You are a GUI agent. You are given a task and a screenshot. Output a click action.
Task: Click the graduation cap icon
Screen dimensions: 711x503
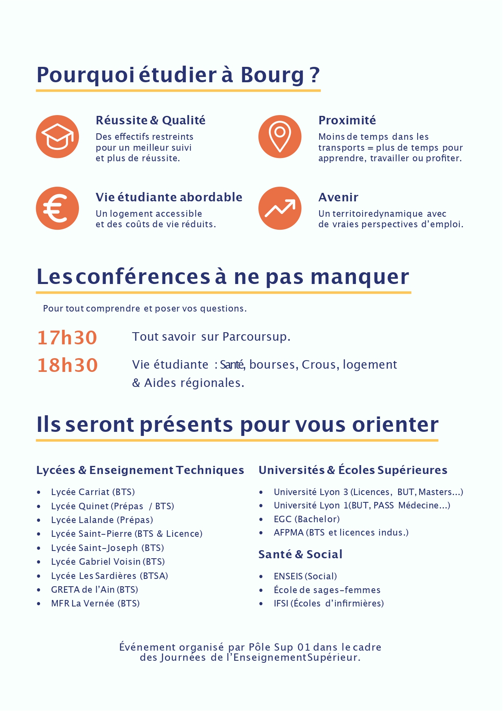57,137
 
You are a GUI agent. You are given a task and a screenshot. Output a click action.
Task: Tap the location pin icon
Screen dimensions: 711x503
280,137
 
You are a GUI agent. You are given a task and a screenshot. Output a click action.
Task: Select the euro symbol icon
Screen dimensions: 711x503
57,208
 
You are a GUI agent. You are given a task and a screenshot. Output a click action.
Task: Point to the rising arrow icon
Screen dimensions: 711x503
280,208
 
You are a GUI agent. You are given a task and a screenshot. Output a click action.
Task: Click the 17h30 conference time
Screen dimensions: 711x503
67,337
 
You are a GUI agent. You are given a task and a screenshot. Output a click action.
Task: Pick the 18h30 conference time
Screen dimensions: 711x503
68,365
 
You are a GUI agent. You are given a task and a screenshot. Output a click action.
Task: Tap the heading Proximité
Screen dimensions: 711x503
347,120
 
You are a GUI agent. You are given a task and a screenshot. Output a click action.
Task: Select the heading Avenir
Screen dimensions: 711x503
338,197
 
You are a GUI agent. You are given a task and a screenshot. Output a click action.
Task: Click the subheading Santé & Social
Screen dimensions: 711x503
300,554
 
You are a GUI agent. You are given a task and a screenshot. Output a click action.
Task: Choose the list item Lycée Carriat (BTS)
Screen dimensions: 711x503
93,492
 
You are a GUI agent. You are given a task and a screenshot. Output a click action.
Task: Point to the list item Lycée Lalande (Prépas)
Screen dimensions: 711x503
102,520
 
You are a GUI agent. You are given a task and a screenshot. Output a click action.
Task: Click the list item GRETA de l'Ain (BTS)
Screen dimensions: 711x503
94,589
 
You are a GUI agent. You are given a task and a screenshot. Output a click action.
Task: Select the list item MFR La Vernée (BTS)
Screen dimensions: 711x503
95,603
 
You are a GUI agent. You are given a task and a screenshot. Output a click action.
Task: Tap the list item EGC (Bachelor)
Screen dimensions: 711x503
307,519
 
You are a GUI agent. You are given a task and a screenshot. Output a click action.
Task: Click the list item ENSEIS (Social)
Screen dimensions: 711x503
305,576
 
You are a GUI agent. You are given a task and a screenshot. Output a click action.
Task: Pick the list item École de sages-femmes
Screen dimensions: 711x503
327,590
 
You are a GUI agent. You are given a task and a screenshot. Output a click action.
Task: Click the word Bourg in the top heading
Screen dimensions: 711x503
272,75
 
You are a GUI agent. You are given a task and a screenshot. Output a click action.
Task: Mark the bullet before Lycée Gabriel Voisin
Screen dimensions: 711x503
39,562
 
